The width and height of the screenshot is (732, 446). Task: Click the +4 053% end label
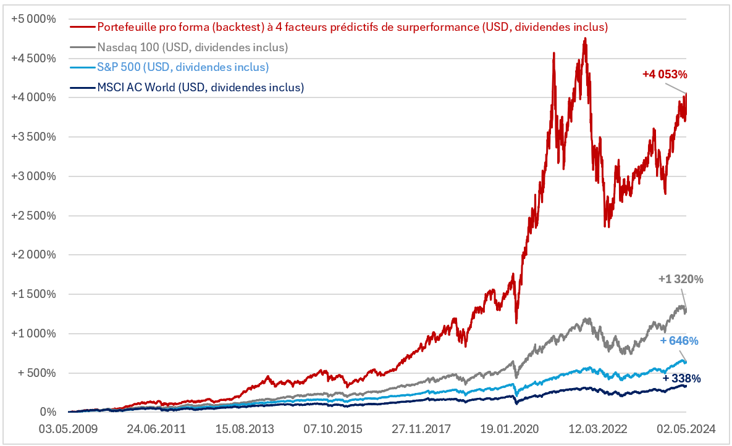tap(665, 74)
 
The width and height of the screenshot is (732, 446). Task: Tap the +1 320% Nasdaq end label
tap(681, 279)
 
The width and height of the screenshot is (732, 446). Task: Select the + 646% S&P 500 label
tap(679, 341)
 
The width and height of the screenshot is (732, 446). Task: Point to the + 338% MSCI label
tap(681, 378)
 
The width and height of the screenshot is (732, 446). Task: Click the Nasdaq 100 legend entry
tap(193, 47)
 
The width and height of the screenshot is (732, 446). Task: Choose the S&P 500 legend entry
tap(183, 67)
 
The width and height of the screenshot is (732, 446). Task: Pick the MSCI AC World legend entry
tap(201, 87)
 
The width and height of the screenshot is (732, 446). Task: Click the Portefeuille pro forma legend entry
tap(353, 27)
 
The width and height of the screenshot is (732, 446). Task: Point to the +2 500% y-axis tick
tap(33, 215)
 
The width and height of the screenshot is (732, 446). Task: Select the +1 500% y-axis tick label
tap(33, 294)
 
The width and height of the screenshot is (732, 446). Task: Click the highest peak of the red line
tap(584, 38)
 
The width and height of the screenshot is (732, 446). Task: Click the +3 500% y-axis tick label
tap(33, 137)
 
